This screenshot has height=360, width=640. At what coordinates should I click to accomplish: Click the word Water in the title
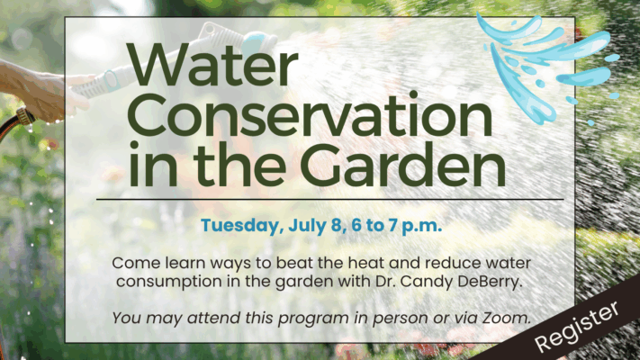212,65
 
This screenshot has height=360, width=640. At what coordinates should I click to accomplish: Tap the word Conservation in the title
310,114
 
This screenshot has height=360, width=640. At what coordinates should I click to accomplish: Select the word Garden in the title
403,164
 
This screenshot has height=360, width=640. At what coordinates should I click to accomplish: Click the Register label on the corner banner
577,326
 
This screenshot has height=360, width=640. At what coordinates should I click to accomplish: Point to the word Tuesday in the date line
242,226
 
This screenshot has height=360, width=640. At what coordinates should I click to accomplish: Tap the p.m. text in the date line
421,227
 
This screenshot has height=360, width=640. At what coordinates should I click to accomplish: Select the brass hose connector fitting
25,116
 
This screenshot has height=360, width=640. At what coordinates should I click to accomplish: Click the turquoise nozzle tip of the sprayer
258,43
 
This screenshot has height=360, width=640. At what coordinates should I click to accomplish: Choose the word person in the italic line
401,319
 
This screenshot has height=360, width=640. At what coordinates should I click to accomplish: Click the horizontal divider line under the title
329,200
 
